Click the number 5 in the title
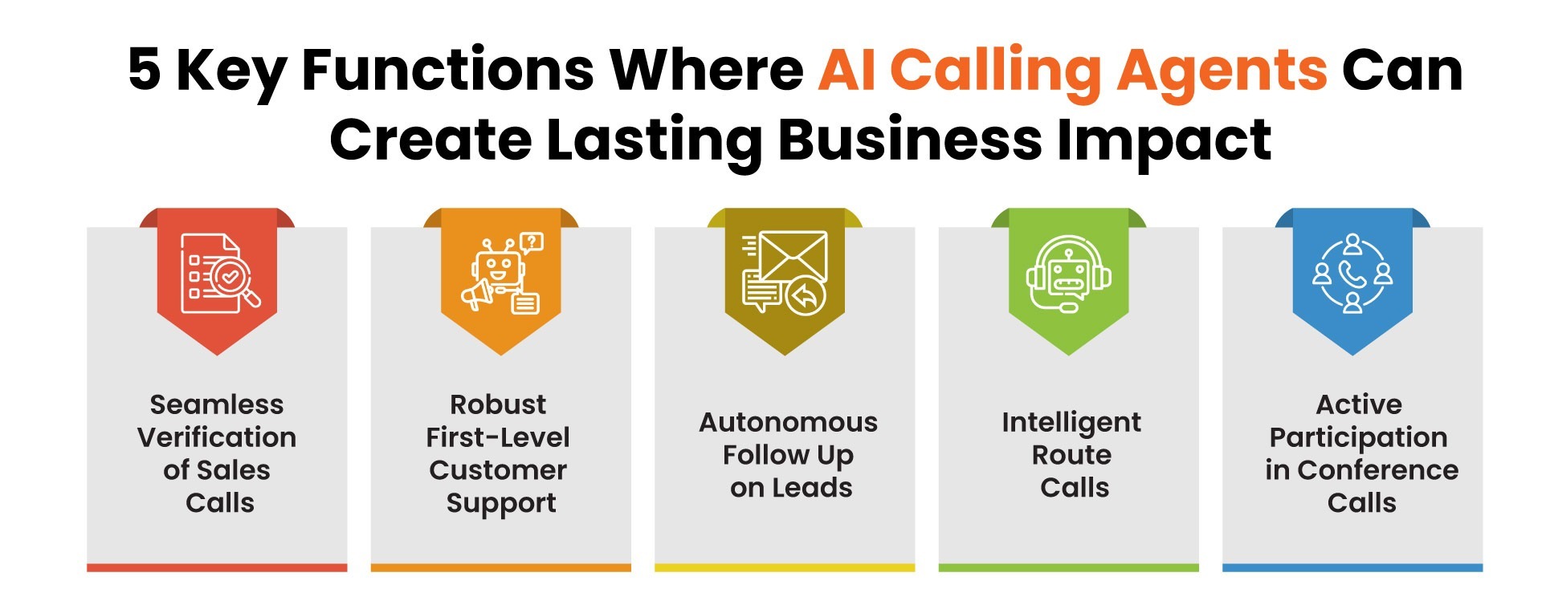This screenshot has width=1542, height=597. (145, 69)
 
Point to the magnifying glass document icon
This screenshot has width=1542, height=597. (218, 273)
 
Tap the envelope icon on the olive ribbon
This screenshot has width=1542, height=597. (785, 273)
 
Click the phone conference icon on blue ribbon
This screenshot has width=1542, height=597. (1352, 273)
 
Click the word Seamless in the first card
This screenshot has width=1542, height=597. (217, 404)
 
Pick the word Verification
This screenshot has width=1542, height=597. (217, 437)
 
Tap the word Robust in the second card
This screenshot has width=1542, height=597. (498, 404)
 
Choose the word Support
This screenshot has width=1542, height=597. (501, 503)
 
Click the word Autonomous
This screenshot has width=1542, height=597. (788, 422)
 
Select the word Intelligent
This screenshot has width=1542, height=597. (1071, 423)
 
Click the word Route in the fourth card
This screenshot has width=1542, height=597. (1071, 455)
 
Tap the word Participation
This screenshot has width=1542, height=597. (1358, 438)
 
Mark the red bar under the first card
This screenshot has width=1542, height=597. (217, 567)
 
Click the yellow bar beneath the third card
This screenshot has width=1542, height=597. (785, 567)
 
